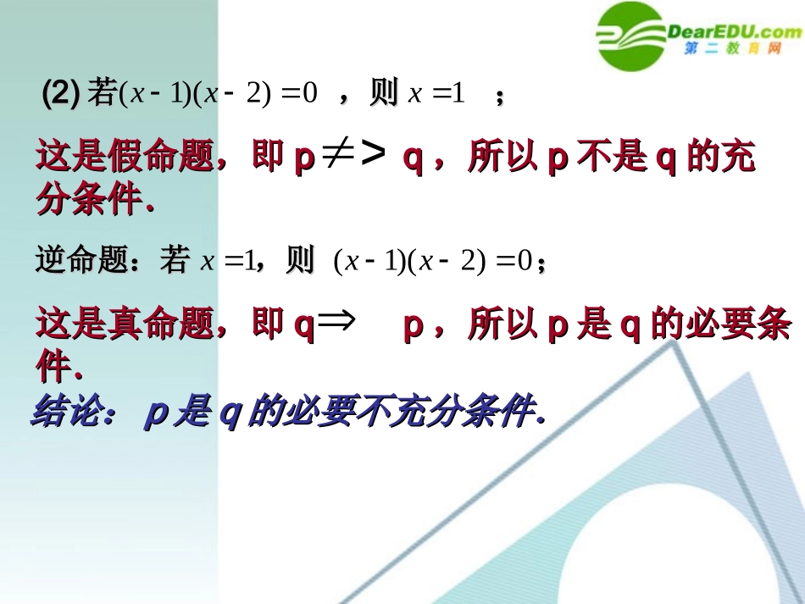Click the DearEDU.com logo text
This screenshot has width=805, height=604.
[x=734, y=31]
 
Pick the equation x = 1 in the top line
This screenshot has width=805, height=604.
[x=437, y=94]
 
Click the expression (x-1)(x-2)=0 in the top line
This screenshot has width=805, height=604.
[x=218, y=94]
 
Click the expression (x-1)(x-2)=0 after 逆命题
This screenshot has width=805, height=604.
[x=433, y=261]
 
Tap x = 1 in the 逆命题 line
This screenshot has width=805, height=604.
[x=227, y=261]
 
